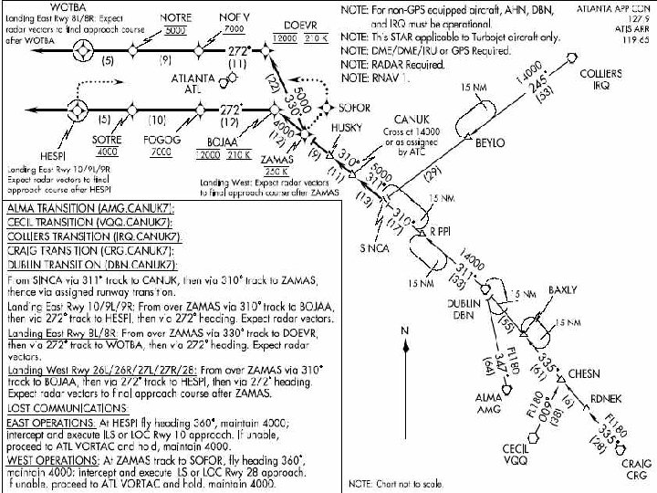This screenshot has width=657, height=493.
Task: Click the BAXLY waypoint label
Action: tap(561, 291)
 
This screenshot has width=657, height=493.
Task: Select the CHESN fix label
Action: tap(585, 374)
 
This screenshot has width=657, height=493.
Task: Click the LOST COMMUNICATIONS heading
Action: tap(67, 408)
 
